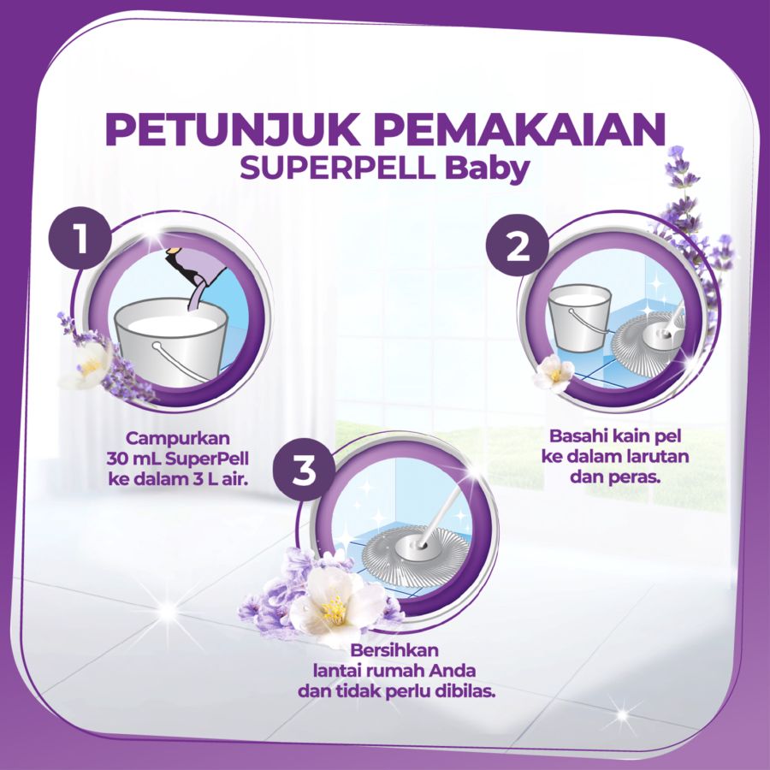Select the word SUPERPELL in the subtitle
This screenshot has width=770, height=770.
coord(336,169)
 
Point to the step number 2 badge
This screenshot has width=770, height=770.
coord(517,247)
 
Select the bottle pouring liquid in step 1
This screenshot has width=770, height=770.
coord(196,265)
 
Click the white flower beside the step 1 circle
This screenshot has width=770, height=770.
coord(86,365)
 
